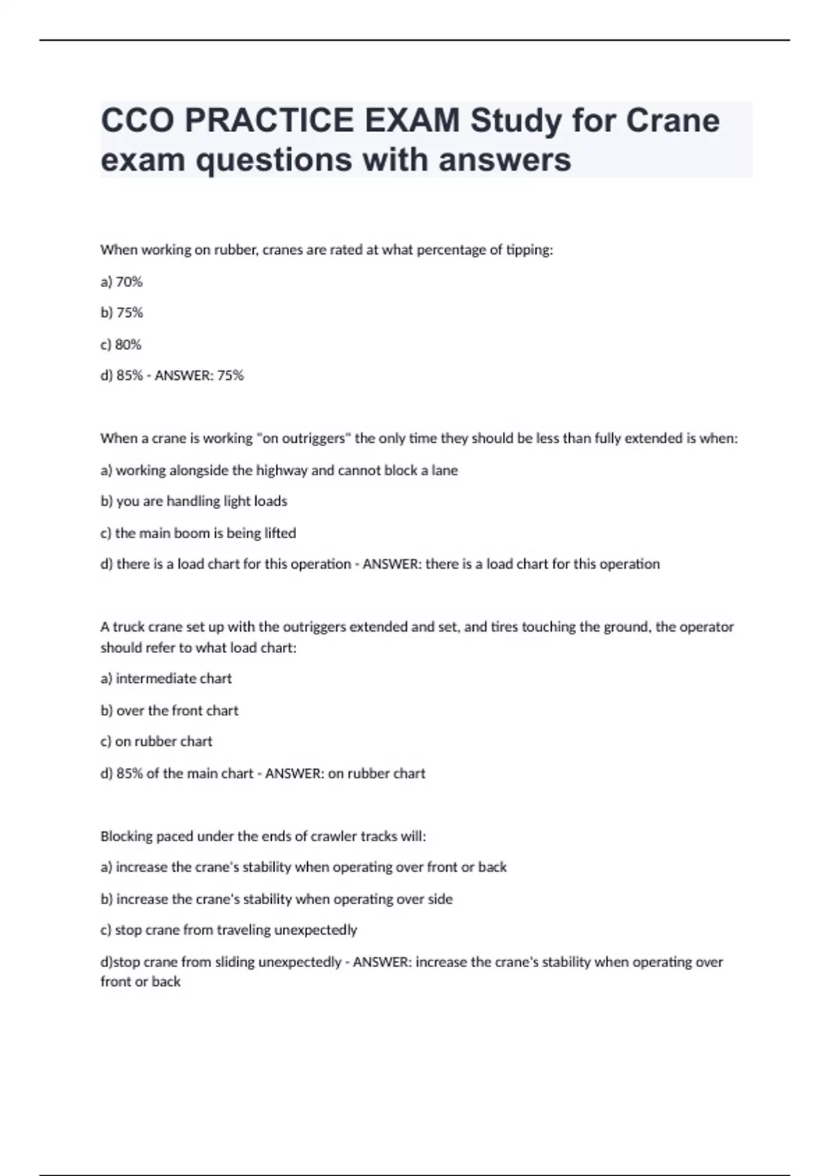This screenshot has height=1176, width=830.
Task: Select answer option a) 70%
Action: point(122,282)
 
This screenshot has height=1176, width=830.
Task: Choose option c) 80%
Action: point(121,344)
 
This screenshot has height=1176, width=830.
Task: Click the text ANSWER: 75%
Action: point(199,376)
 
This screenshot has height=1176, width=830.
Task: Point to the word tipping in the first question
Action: point(529,250)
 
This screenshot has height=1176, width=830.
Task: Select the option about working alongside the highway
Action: point(279,470)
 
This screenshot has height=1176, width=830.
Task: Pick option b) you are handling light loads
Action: point(194,502)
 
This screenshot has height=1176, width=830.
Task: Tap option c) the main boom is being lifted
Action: point(199,533)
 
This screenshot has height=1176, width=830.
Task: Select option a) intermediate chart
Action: point(166,679)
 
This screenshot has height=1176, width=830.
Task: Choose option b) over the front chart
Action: point(169,710)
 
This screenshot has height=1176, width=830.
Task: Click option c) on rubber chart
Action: point(156,742)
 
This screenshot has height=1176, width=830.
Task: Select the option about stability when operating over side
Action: point(277,899)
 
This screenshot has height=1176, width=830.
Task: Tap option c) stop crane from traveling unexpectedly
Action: point(229,930)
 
